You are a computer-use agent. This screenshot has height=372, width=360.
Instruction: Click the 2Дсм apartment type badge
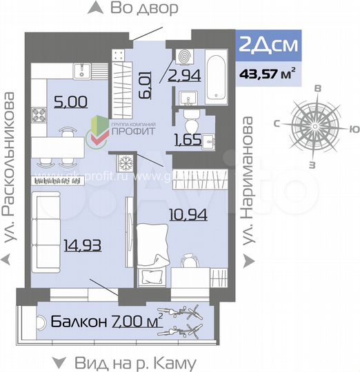point(268,45)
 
